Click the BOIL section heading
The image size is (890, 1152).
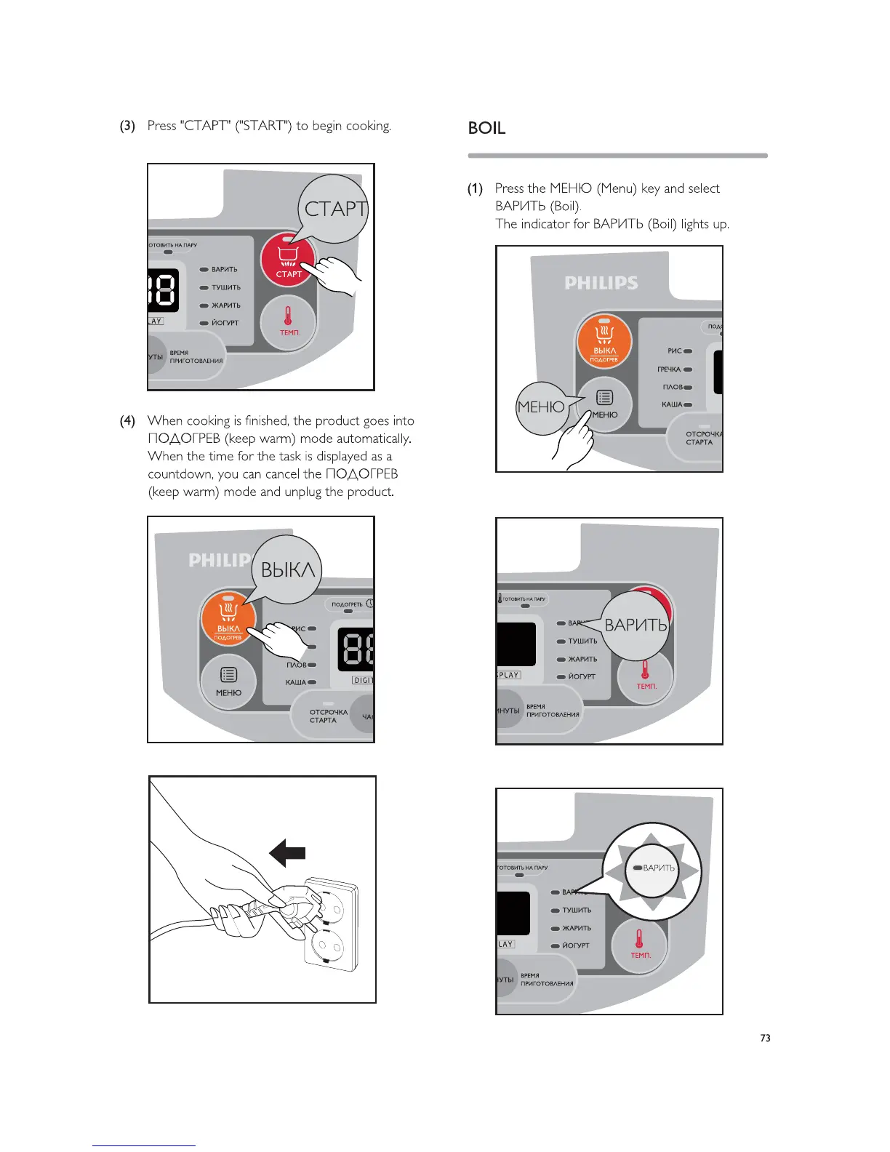(x=486, y=128)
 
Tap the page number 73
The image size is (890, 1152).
(x=765, y=1038)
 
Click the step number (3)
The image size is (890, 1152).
(x=127, y=126)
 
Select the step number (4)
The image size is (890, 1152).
(x=127, y=420)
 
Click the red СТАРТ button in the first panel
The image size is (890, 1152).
(x=288, y=260)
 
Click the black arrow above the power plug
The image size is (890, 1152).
(x=287, y=852)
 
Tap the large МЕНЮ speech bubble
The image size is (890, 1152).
(x=541, y=408)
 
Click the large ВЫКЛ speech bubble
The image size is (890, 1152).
(x=287, y=569)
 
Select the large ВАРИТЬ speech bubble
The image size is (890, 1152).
(x=636, y=625)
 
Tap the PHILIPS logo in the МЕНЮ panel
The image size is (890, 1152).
(x=601, y=283)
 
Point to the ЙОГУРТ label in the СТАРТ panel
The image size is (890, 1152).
(x=225, y=323)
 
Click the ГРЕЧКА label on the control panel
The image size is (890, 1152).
(x=669, y=369)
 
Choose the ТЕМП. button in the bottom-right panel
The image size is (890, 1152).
(x=640, y=944)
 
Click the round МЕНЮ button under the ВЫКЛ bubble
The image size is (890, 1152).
(x=228, y=681)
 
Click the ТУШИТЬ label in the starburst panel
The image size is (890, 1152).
(x=577, y=910)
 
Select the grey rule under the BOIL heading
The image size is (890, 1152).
(x=617, y=155)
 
